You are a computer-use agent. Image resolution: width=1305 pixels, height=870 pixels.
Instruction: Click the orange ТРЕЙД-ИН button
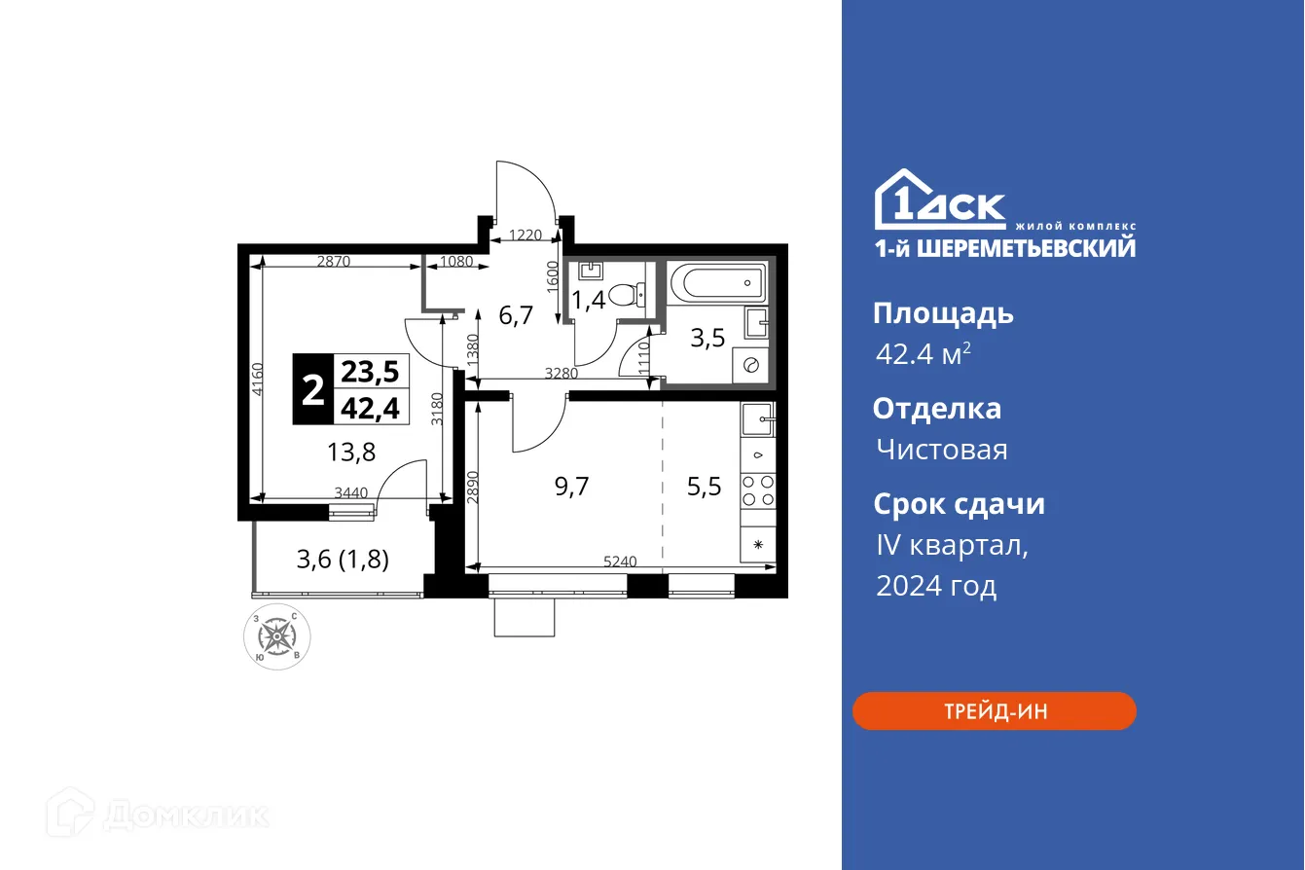994,711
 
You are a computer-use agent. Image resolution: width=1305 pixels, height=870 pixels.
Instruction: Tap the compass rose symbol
277,637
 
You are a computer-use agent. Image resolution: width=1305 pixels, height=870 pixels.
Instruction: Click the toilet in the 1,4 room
634,293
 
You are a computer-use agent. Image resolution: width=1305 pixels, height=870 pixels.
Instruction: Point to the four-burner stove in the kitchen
757,490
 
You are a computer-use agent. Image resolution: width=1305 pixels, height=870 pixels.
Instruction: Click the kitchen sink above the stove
758,420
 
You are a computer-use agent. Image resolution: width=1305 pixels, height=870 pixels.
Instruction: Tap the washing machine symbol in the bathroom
752,364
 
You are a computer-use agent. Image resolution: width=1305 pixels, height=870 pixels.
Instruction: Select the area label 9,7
571,487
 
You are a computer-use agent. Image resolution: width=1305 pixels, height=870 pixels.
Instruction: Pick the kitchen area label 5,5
704,487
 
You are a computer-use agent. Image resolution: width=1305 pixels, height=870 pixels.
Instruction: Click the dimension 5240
620,562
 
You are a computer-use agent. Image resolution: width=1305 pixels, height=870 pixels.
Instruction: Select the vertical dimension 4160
256,380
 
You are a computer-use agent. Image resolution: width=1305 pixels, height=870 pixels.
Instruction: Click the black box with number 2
313,390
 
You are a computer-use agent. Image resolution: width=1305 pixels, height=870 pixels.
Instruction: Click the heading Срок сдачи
959,504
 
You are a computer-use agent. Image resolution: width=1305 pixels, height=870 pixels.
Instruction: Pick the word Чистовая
941,450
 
